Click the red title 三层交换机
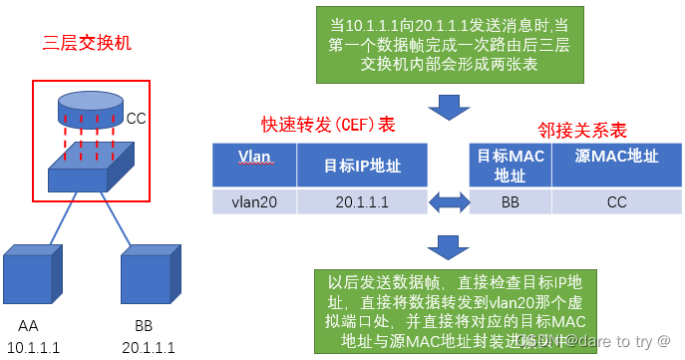click(x=87, y=44)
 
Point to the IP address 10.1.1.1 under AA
click(x=33, y=346)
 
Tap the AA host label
click(x=28, y=326)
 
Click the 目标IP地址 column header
click(x=363, y=164)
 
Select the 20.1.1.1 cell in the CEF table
click(x=363, y=200)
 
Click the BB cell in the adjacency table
click(x=511, y=200)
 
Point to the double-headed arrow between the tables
click(x=448, y=201)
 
